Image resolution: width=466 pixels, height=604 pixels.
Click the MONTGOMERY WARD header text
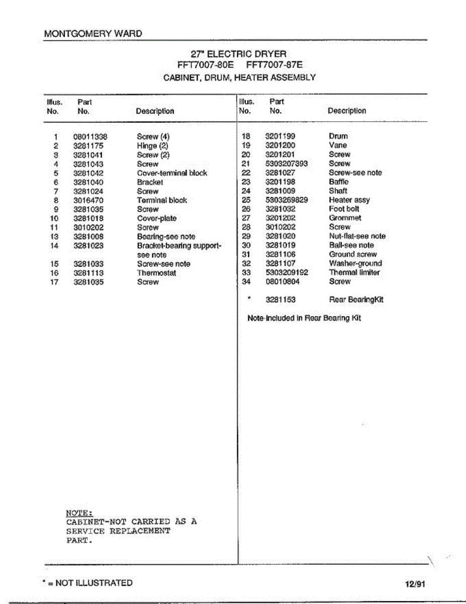(x=93, y=34)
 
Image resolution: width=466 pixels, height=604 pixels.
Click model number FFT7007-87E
(x=274, y=65)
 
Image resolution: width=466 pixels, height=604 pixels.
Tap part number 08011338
(x=90, y=136)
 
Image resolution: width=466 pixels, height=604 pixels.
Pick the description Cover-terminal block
(x=172, y=173)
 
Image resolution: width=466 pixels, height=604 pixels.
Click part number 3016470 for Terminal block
(x=88, y=200)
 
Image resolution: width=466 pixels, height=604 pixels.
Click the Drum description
(x=338, y=136)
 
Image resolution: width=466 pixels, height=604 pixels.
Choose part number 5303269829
(x=287, y=200)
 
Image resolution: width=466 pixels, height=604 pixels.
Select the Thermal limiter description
(x=354, y=272)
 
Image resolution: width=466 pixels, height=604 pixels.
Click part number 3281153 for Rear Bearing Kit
(x=281, y=299)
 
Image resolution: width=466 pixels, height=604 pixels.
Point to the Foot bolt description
(x=344, y=209)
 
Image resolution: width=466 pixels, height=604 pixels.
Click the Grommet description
(x=345, y=218)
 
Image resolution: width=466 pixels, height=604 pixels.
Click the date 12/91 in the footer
(x=415, y=584)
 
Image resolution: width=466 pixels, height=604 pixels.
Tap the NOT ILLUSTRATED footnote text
(x=94, y=583)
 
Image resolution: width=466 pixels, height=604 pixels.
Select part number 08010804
(x=282, y=281)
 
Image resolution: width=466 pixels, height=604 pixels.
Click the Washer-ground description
(x=355, y=263)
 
